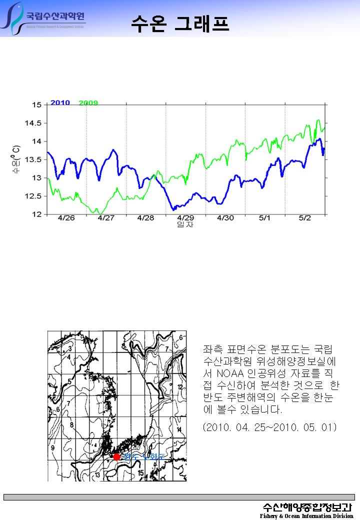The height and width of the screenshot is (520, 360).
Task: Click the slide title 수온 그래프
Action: coord(180,23)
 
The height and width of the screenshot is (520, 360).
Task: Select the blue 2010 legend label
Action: coord(60,102)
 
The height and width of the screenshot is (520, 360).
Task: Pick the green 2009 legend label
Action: coord(88,103)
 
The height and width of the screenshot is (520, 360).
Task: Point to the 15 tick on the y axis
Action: coord(36,105)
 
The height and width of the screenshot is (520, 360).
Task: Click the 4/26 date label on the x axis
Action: coord(66,218)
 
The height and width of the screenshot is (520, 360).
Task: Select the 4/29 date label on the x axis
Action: coord(185,218)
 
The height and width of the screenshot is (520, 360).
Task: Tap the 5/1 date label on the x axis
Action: coord(265,218)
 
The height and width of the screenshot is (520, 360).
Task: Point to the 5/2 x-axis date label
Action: coord(305,218)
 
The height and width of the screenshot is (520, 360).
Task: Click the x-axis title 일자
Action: coord(185,224)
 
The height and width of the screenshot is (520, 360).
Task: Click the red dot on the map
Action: coord(116,456)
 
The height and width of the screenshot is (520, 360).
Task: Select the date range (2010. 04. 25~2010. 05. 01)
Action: coord(269,427)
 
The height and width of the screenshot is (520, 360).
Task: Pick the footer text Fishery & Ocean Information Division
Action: coord(306,515)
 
